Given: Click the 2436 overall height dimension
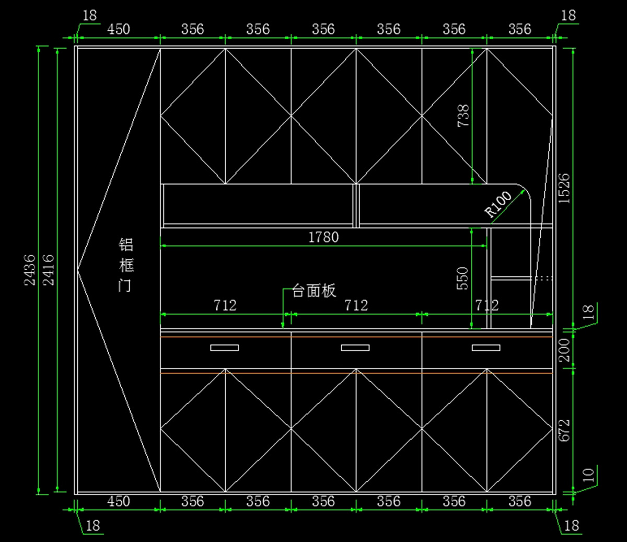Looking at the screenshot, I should tap(30, 270).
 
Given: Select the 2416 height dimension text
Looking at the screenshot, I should tap(49, 270).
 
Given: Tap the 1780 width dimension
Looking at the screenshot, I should tap(323, 237).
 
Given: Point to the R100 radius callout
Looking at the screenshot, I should tap(498, 204).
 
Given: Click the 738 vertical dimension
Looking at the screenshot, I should tap(463, 116).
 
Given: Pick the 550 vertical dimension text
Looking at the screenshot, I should tap(463, 278).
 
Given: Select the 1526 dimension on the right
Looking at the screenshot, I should tap(564, 188).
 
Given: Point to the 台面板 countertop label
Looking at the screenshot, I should tap(314, 291).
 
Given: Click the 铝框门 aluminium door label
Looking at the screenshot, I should tap(126, 265).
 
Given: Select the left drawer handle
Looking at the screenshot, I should tap(225, 348).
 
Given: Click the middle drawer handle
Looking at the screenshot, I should tap(355, 348).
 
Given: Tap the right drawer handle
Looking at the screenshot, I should tap(486, 348).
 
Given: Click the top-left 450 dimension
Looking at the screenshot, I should tap(119, 29).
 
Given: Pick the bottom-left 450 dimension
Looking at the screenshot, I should tap(119, 501).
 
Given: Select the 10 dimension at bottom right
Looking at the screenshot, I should tap(589, 475).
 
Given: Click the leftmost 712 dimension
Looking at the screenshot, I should tap(225, 305).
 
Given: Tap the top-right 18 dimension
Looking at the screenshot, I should tap(568, 16).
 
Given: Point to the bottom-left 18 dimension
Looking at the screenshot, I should tap(92, 526).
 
